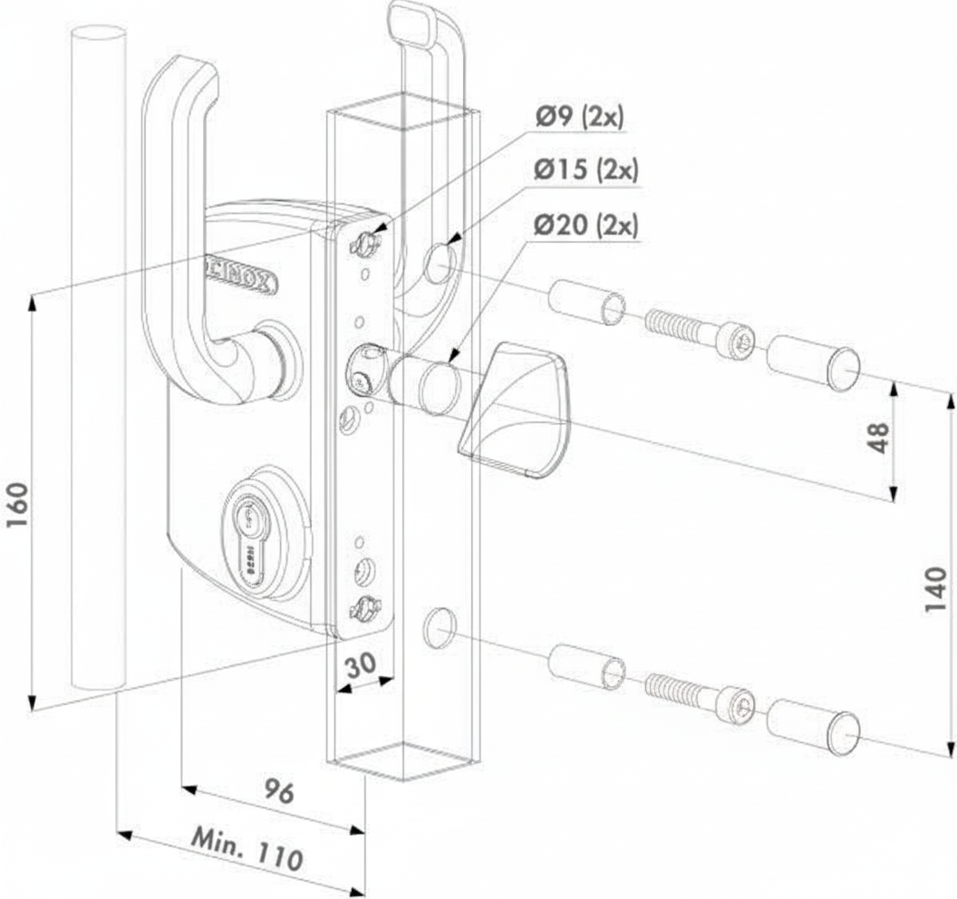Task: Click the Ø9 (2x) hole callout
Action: tap(579, 117)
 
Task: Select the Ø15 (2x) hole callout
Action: tap(585, 169)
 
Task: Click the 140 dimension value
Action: tap(934, 590)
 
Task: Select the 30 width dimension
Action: tap(360, 664)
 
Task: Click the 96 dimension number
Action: tap(278, 792)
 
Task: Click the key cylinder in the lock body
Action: tap(246, 535)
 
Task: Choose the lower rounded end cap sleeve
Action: tap(813, 726)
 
